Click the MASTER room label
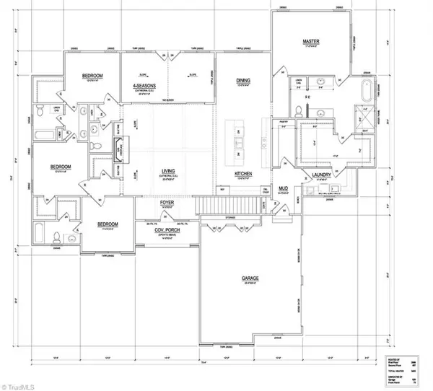point(310,43)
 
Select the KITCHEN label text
point(242,174)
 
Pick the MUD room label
point(284,188)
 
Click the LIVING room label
point(167,171)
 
